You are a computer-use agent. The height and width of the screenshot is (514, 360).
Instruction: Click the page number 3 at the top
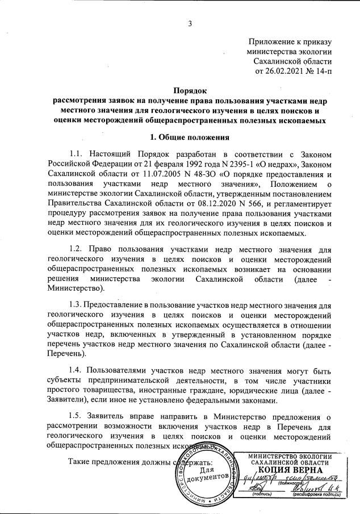point(191,23)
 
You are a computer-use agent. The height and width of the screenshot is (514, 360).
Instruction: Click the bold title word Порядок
point(190,90)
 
